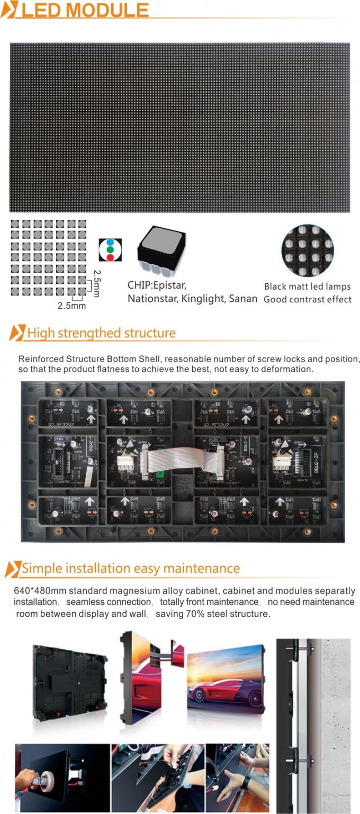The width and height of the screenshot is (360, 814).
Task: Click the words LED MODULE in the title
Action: pos(85,10)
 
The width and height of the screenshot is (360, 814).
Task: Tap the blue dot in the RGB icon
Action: pos(109,242)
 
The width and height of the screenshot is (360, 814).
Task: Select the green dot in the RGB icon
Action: pos(109,249)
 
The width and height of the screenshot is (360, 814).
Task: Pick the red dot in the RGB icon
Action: pos(109,257)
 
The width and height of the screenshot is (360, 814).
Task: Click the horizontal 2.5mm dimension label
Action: pos(71,306)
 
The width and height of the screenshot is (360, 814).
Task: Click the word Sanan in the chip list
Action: pos(243,299)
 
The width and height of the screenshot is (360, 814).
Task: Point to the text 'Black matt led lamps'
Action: pos(307,287)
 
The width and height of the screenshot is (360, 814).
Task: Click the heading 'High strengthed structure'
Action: pos(101,333)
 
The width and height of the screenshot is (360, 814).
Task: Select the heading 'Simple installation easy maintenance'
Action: pos(130,568)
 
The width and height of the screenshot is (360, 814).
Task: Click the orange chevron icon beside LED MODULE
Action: pos(9,10)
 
